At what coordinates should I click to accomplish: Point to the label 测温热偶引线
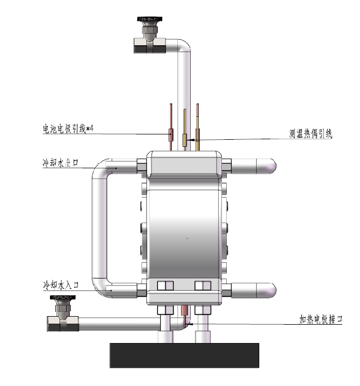click(x=310, y=134)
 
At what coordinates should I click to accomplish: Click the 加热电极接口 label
click(x=321, y=319)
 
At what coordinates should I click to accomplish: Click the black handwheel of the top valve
click(x=147, y=21)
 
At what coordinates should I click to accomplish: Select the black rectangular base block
click(x=184, y=355)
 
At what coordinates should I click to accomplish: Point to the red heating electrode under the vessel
click(x=184, y=311)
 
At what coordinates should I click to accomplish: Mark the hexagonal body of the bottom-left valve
click(x=63, y=323)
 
